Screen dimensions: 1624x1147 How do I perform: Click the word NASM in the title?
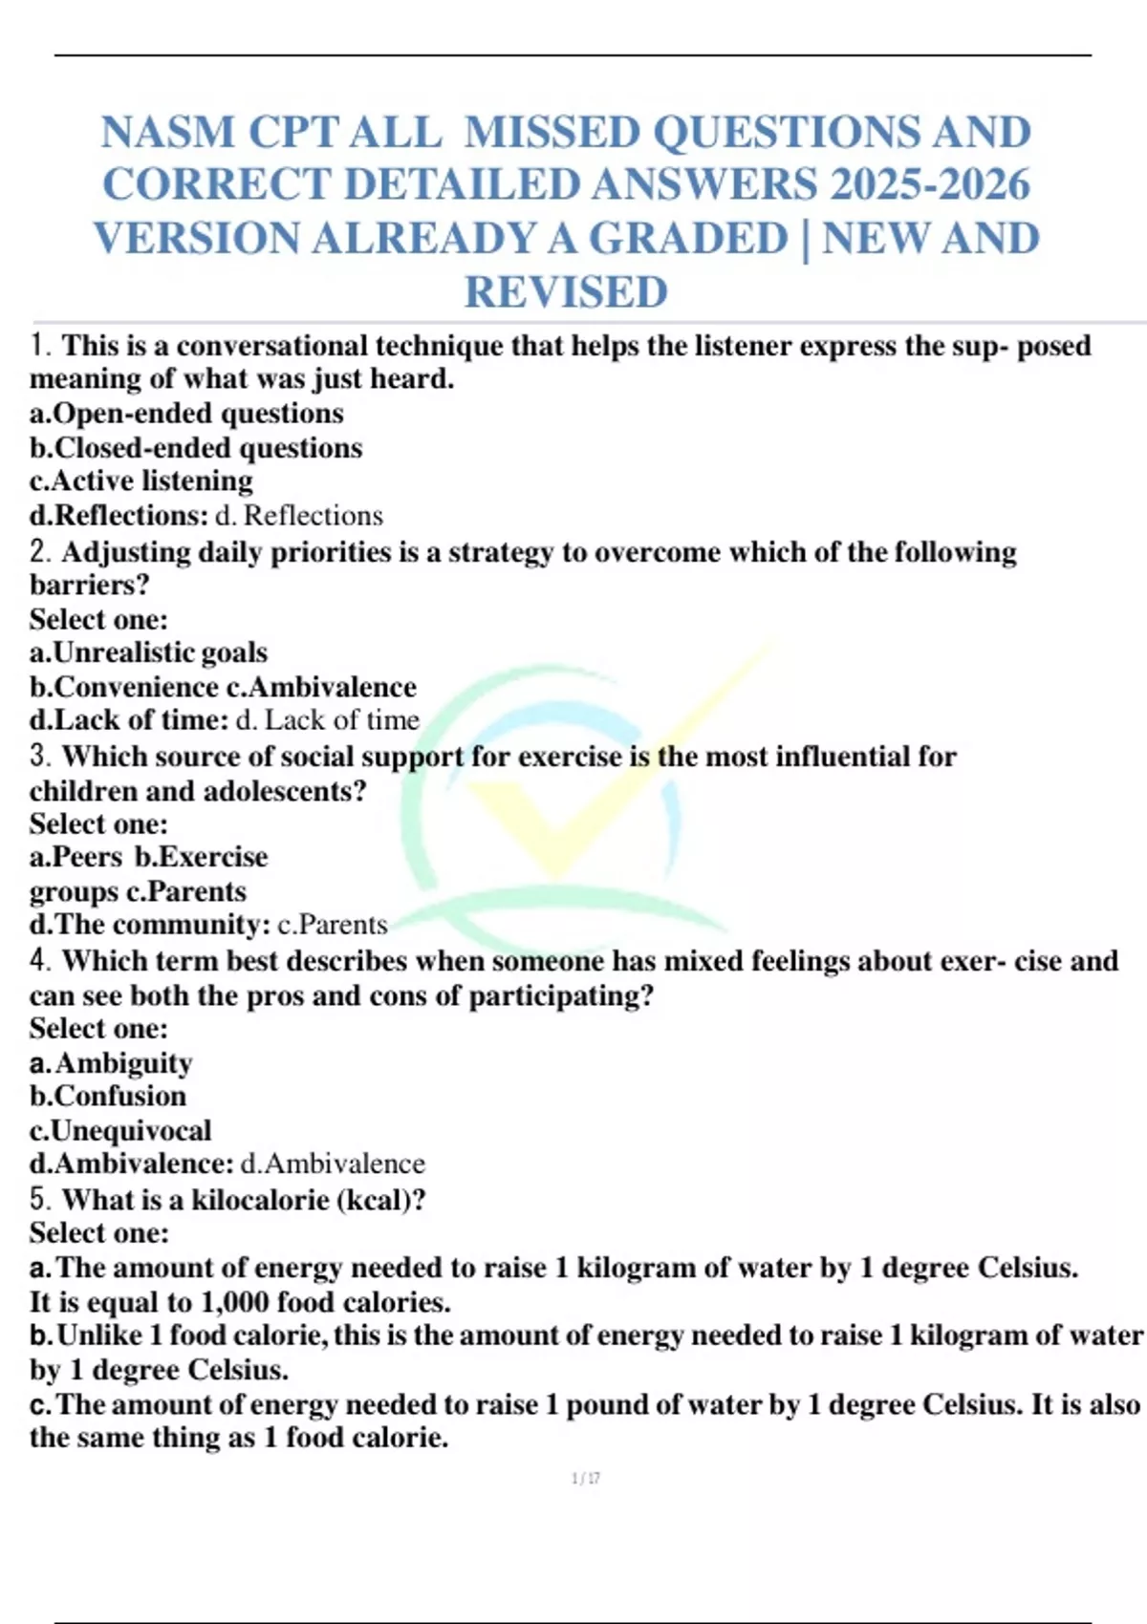pyautogui.click(x=168, y=132)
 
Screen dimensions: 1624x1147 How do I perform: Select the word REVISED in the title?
pyautogui.click(x=566, y=291)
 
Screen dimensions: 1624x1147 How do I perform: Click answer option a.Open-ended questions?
pyautogui.click(x=186, y=413)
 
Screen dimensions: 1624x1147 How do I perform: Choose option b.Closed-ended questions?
pyautogui.click(x=196, y=447)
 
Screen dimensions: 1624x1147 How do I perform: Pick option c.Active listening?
pyautogui.click(x=141, y=481)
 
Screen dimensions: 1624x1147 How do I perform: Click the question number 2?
pyautogui.click(x=40, y=551)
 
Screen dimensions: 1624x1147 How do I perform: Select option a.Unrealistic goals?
pyautogui.click(x=148, y=652)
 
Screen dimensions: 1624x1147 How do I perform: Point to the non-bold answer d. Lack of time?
pyautogui.click(x=328, y=719)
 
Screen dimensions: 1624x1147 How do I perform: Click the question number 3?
pyautogui.click(x=40, y=756)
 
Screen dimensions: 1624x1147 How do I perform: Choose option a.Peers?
pyautogui.click(x=76, y=857)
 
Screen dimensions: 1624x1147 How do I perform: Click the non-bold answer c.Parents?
pyautogui.click(x=333, y=925)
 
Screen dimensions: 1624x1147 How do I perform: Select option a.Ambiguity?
pyautogui.click(x=111, y=1062)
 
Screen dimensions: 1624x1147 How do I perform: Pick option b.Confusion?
pyautogui.click(x=107, y=1096)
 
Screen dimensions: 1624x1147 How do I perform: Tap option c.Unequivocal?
pyautogui.click(x=120, y=1130)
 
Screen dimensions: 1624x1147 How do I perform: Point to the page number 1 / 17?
pyautogui.click(x=585, y=1479)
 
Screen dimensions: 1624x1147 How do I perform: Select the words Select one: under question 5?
pyautogui.click(x=98, y=1232)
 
